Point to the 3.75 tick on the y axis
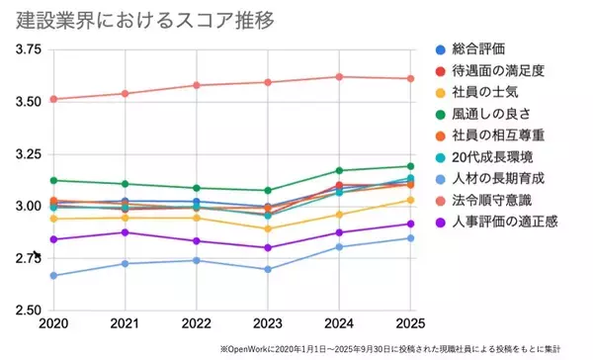coord(28,49)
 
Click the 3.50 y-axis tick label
coord(28,102)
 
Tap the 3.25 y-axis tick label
coord(28,154)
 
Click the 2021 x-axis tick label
coord(124,324)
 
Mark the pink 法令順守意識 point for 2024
coord(339,76)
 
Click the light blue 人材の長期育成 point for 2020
coord(53,275)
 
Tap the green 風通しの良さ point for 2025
coord(410,166)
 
